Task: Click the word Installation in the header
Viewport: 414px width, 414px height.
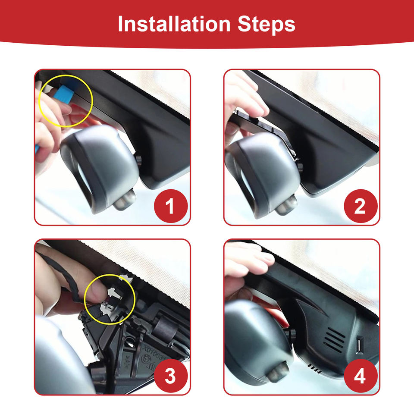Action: [174, 24]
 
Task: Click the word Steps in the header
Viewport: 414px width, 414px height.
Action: [267, 25]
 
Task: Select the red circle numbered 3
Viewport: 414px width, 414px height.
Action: [171, 376]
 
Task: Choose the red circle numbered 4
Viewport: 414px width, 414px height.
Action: [361, 376]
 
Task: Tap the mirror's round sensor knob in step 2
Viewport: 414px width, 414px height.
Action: [286, 204]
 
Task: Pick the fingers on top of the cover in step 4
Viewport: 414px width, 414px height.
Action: [250, 260]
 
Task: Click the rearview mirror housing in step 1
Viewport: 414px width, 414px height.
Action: [99, 169]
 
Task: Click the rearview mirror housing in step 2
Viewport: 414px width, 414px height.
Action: [263, 174]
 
